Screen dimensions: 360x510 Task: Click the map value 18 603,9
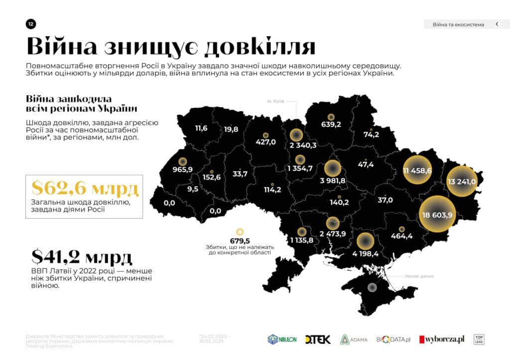coord(437,215)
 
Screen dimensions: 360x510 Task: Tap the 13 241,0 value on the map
coord(462,182)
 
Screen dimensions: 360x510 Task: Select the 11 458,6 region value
coord(417,171)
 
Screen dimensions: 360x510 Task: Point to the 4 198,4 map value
coord(366,253)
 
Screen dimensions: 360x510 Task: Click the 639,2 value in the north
coord(331,124)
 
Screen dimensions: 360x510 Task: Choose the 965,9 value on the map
coord(182,169)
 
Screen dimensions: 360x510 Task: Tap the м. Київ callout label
coord(275,102)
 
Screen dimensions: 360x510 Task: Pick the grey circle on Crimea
coord(372,287)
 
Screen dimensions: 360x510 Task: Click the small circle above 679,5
coord(240,232)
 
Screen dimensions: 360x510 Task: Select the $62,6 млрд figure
coord(85,189)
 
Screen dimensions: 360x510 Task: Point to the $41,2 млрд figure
coord(82,257)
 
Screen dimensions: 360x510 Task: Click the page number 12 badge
coord(31,24)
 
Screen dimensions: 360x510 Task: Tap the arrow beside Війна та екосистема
coord(497,24)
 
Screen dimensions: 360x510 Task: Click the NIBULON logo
coord(282,339)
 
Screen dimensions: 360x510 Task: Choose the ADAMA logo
coord(354,339)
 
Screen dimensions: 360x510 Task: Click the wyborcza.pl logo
coord(442,339)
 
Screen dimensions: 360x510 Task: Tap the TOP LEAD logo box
coord(479,339)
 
